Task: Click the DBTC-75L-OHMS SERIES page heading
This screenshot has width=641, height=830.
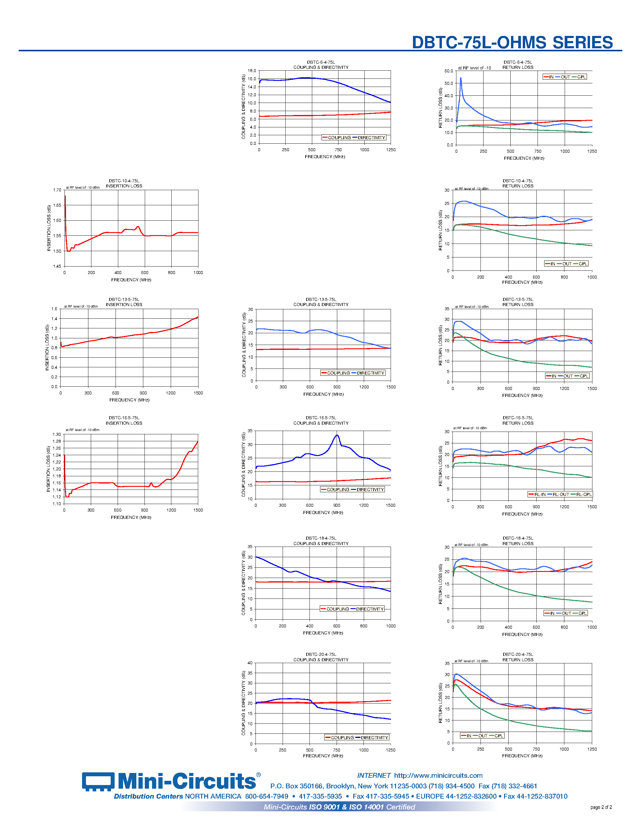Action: click(x=512, y=43)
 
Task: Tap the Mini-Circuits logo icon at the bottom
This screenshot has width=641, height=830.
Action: click(x=98, y=782)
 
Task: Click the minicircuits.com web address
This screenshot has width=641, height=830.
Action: click(x=438, y=775)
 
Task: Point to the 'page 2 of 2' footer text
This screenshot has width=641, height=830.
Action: click(x=601, y=807)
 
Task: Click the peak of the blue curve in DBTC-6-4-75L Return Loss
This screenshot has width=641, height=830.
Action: click(x=461, y=78)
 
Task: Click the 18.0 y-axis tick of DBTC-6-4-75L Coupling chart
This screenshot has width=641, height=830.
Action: click(x=252, y=71)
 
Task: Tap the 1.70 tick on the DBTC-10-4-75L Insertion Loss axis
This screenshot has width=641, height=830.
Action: click(x=57, y=190)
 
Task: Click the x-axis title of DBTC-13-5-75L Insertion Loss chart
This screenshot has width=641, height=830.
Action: click(x=129, y=400)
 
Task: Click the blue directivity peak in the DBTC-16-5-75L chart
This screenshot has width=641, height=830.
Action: click(x=337, y=435)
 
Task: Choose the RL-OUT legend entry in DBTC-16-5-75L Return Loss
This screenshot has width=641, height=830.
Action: click(x=560, y=494)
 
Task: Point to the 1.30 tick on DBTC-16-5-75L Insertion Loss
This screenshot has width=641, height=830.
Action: click(x=57, y=434)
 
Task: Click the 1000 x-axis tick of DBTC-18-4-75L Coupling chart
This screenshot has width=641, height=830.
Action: click(x=390, y=626)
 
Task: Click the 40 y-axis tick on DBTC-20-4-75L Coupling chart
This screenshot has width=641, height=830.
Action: click(x=250, y=663)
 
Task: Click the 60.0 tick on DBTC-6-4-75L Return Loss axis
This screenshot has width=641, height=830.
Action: click(x=449, y=71)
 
